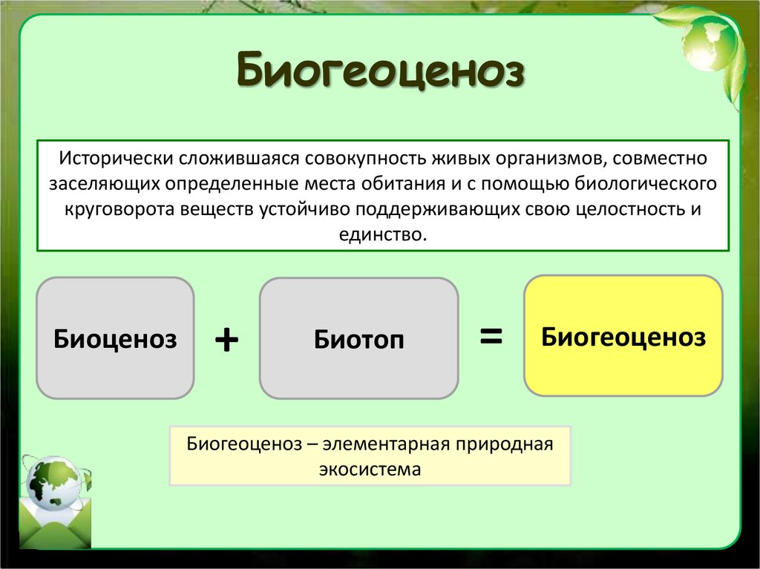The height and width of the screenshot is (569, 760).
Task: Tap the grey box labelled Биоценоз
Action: [x=115, y=338]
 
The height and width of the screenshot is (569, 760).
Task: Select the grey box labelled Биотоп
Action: [x=358, y=339]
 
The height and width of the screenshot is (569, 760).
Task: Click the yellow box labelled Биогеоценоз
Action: [x=623, y=336]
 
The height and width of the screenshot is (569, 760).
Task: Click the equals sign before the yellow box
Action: [x=491, y=336]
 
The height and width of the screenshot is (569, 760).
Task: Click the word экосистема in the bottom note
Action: [x=370, y=469]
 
